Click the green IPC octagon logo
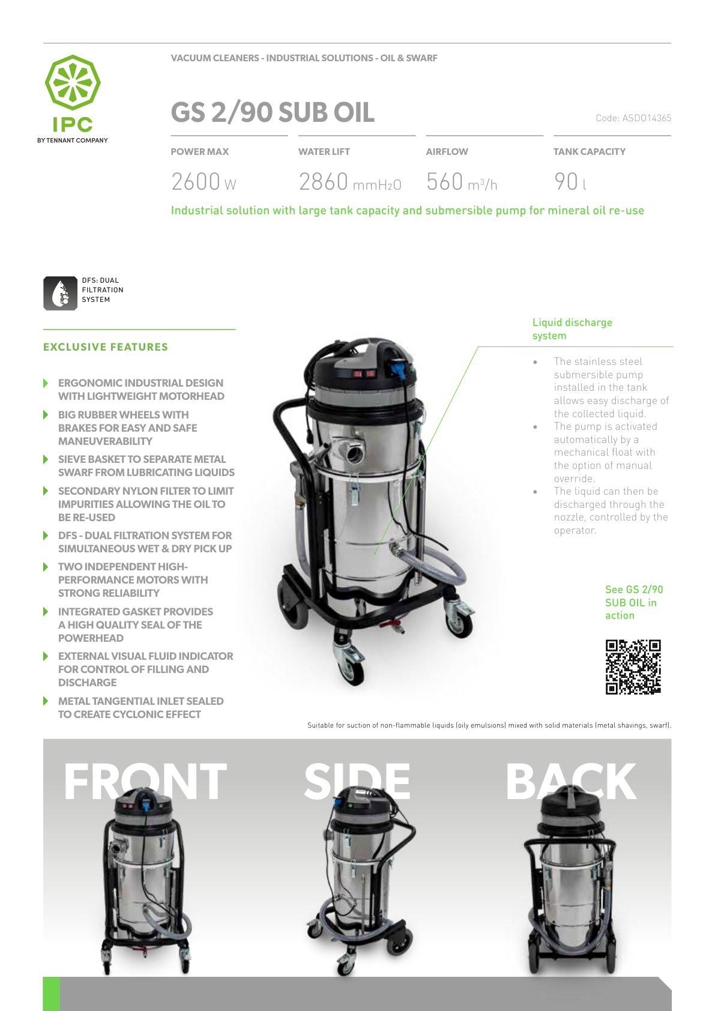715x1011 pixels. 73,82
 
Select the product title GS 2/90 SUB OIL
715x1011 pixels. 273,112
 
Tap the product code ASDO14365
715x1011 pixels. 633,118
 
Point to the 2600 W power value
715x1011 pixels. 204,181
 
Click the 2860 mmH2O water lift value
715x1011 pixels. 350,181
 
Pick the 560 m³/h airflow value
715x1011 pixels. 462,181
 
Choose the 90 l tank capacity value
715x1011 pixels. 570,181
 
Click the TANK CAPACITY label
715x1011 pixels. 590,152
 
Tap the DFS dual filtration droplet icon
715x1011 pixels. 61,293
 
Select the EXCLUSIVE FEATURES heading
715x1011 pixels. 106,346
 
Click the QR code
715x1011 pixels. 633,666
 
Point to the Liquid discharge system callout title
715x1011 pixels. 572,328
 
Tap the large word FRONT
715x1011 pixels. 145,782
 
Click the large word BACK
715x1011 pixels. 571,781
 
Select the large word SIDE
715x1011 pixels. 357,781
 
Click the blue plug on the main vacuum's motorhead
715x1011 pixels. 398,368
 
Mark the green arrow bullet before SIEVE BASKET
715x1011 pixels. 46,459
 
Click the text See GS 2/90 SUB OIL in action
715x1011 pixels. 634,602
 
